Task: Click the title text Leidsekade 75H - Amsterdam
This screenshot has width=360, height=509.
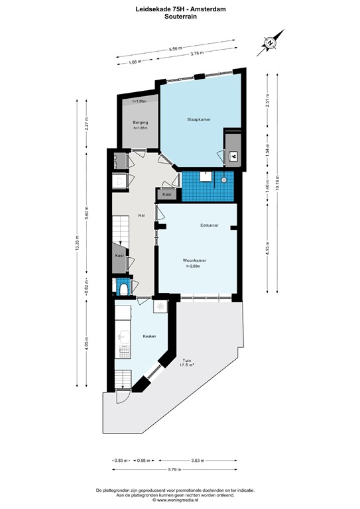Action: click(180, 10)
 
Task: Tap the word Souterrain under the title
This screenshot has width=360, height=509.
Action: click(180, 18)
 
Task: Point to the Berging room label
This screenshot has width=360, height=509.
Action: click(139, 123)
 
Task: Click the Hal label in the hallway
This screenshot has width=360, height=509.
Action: click(141, 215)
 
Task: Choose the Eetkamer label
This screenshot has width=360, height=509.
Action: click(210, 226)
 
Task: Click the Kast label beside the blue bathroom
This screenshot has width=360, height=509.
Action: click(167, 195)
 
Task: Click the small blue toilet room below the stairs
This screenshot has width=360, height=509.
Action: click(122, 287)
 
